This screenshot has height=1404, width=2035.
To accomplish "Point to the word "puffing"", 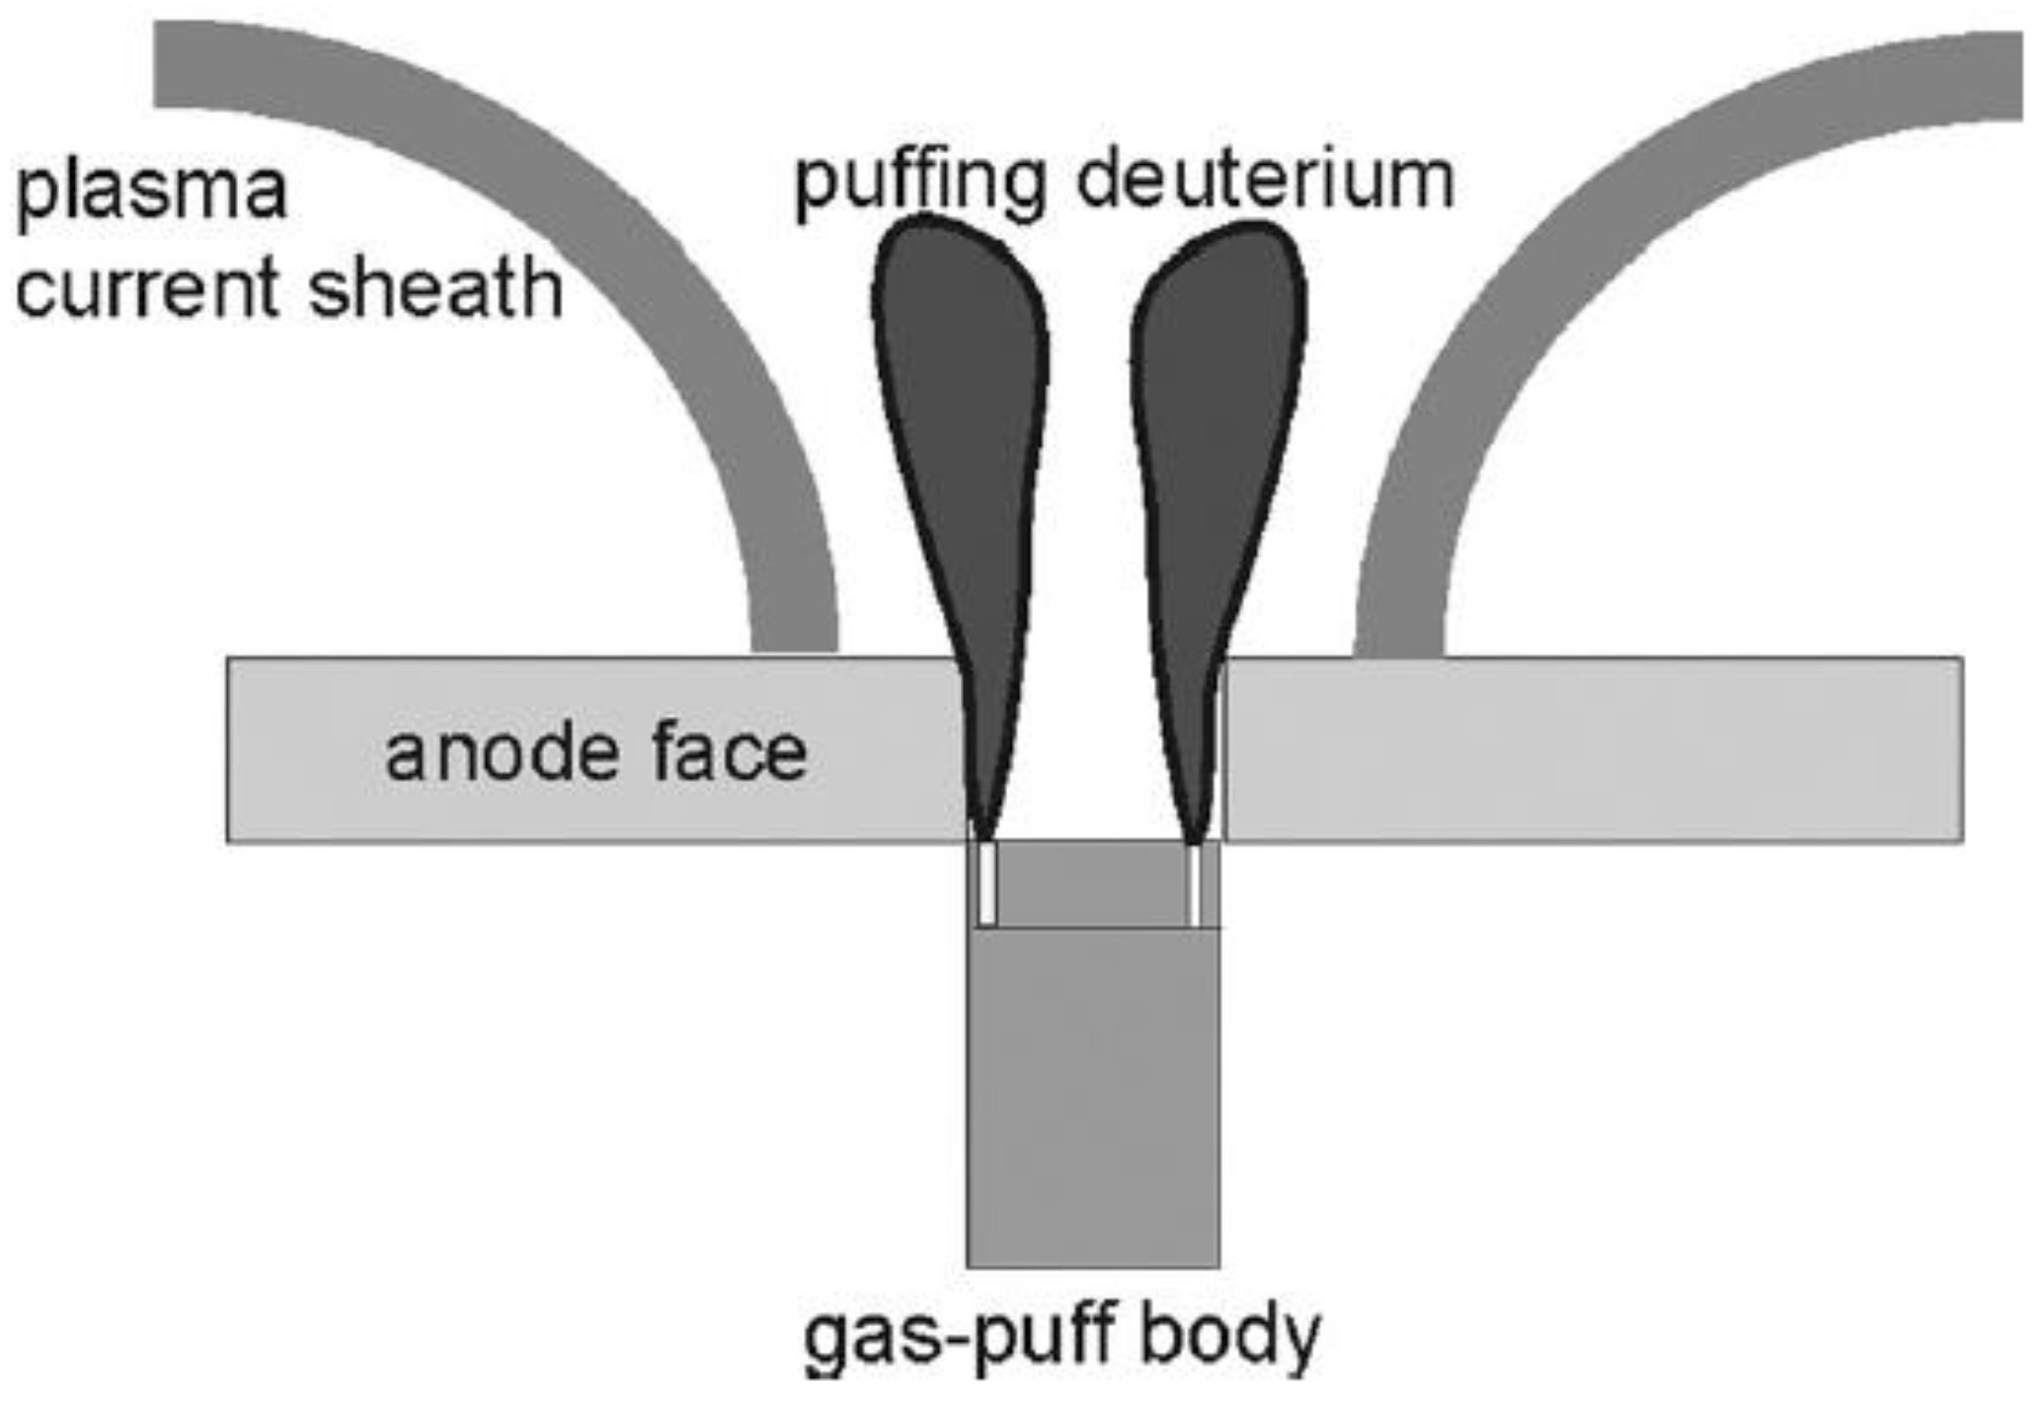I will (x=920, y=183).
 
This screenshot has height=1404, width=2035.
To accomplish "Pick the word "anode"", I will (x=499, y=754).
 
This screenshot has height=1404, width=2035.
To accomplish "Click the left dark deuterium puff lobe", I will (x=963, y=415).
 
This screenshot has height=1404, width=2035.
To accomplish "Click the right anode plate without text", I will (x=1590, y=750).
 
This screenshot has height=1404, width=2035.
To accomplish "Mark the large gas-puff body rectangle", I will (x=1093, y=1096).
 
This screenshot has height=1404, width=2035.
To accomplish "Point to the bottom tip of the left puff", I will (x=983, y=835).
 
